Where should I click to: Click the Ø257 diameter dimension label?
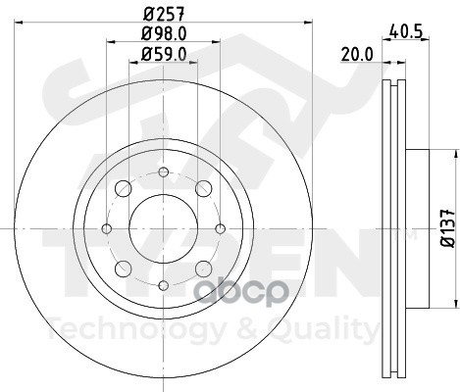point(164,14)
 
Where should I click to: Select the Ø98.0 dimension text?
point(164,33)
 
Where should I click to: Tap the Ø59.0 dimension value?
point(164,54)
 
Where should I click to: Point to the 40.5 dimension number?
point(406,31)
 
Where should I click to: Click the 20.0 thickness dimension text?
point(357,54)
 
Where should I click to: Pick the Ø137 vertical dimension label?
point(447,228)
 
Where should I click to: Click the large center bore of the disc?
point(164,228)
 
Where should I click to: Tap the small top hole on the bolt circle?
point(164,171)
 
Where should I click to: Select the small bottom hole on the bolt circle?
point(164,285)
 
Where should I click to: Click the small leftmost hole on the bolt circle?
point(107,228)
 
